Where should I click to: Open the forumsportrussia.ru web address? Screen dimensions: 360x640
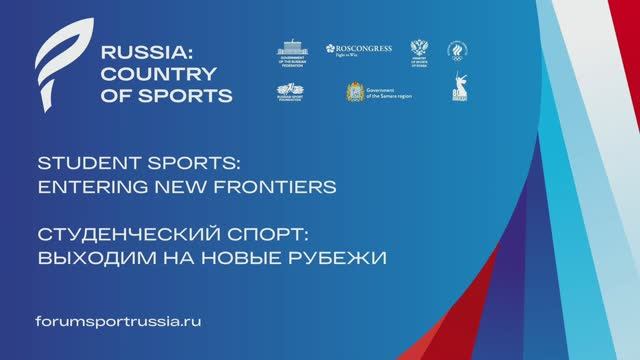(x=118, y=324)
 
